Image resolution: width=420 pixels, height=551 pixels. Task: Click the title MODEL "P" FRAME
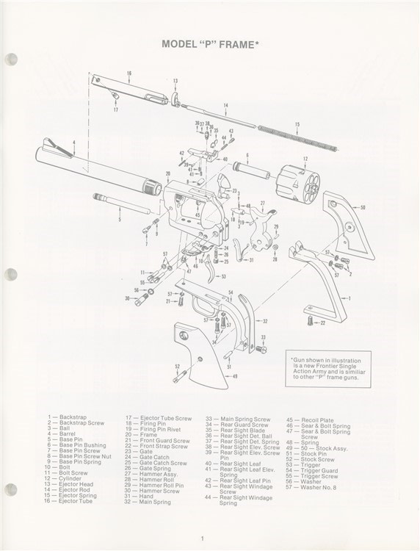[x=211, y=45]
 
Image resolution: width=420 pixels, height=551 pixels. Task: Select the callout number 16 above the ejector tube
[x=128, y=73]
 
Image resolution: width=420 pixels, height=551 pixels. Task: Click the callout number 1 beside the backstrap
[x=348, y=298]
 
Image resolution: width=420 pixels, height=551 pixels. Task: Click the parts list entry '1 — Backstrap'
[x=67, y=417]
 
